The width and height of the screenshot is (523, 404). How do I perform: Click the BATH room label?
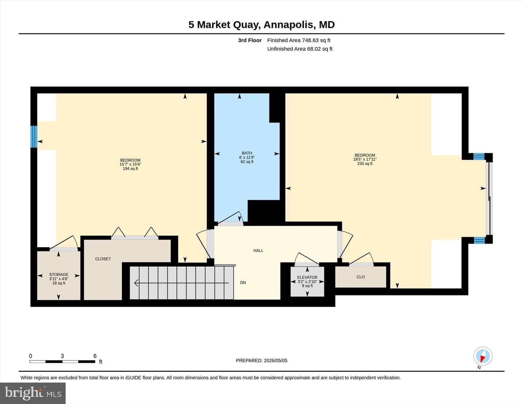(247, 153)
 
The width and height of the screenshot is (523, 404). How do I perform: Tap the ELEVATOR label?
(307, 277)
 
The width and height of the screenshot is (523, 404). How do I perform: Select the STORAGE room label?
(59, 274)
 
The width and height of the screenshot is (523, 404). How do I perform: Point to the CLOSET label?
(103, 259)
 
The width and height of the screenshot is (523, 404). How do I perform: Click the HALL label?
(258, 250)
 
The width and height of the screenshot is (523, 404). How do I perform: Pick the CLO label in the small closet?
(361, 277)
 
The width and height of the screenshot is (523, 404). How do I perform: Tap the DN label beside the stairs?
(243, 282)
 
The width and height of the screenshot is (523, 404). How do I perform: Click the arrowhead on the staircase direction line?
(136, 283)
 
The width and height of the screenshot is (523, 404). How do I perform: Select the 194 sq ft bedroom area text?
(130, 168)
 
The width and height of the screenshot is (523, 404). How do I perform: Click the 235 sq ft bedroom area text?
(365, 163)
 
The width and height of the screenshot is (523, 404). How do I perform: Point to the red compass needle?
(483, 359)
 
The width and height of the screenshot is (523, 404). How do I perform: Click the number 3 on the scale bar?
(62, 356)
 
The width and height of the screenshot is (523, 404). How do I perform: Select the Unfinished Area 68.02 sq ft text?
(300, 49)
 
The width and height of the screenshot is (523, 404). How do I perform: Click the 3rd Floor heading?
(250, 40)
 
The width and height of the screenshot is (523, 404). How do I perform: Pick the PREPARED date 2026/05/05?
(276, 360)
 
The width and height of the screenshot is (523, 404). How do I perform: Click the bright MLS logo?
(33, 393)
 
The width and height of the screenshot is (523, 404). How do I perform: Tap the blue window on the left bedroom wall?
(34, 136)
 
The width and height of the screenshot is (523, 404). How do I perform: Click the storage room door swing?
(64, 242)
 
